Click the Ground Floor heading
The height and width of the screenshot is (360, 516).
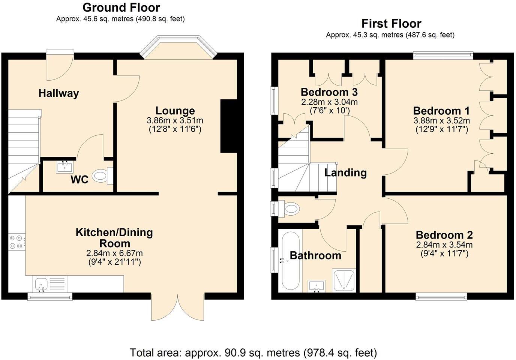click(121, 7)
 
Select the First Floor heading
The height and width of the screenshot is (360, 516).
click(391, 24)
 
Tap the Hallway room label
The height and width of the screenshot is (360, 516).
click(58, 93)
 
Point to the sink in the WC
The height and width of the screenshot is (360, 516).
click(64, 166)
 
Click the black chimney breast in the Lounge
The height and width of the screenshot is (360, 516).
click(229, 126)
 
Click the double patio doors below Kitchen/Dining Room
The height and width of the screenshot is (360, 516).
click(178, 307)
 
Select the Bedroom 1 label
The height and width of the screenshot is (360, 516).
click(441, 111)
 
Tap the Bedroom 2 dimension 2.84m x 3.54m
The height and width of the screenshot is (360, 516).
click(444, 245)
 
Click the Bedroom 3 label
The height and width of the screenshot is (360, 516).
click(329, 92)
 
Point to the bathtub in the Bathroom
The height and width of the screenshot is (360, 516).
click(290, 260)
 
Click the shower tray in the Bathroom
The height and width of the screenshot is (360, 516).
click(343, 280)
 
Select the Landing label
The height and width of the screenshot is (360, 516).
click(345, 172)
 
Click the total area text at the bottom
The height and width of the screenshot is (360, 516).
click(253, 352)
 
